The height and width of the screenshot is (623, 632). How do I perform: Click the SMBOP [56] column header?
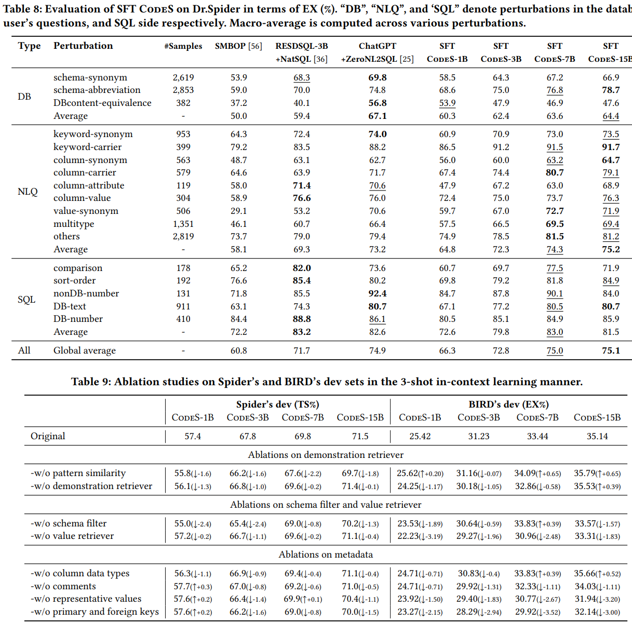pos(238,46)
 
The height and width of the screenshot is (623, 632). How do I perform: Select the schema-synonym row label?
pos(90,77)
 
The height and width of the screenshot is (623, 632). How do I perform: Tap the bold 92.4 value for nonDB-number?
pos(377,293)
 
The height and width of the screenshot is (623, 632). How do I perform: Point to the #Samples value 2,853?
pos(183,90)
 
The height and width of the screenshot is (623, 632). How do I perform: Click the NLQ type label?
pos(28,192)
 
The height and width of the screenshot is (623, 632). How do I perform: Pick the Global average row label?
pos(85,350)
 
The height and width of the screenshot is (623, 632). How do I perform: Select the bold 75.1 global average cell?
pos(611,350)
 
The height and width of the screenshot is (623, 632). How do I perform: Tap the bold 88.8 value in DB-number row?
pos(302,319)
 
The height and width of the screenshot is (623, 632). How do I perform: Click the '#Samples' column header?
pos(183,46)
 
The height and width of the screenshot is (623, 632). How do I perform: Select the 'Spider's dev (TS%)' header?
pos(277,404)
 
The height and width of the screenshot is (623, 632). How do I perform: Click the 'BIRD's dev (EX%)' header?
pos(508,404)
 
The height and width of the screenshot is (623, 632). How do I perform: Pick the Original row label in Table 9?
pos(48,436)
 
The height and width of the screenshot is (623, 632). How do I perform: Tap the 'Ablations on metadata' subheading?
pos(326,554)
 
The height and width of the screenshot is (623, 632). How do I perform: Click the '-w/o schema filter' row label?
pos(69,523)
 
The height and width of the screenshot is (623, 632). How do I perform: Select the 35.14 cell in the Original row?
pos(597,436)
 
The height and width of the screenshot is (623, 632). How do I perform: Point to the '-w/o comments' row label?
pos(63,586)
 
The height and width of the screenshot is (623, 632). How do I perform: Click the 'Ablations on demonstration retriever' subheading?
pos(326,455)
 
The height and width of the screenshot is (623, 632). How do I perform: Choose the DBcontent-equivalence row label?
pos(102,103)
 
